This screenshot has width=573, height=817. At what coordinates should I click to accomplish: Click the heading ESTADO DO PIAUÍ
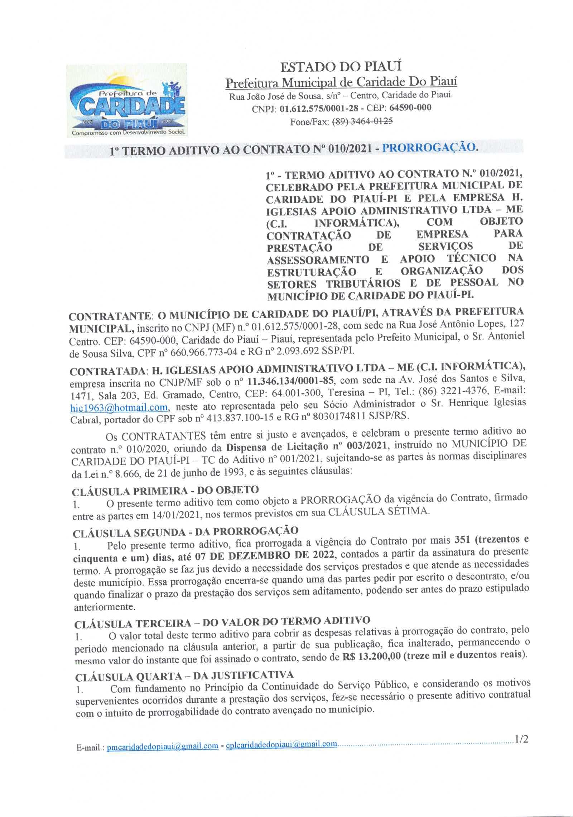coord(341,67)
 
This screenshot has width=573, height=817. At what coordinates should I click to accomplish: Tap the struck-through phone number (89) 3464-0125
coord(363,121)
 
